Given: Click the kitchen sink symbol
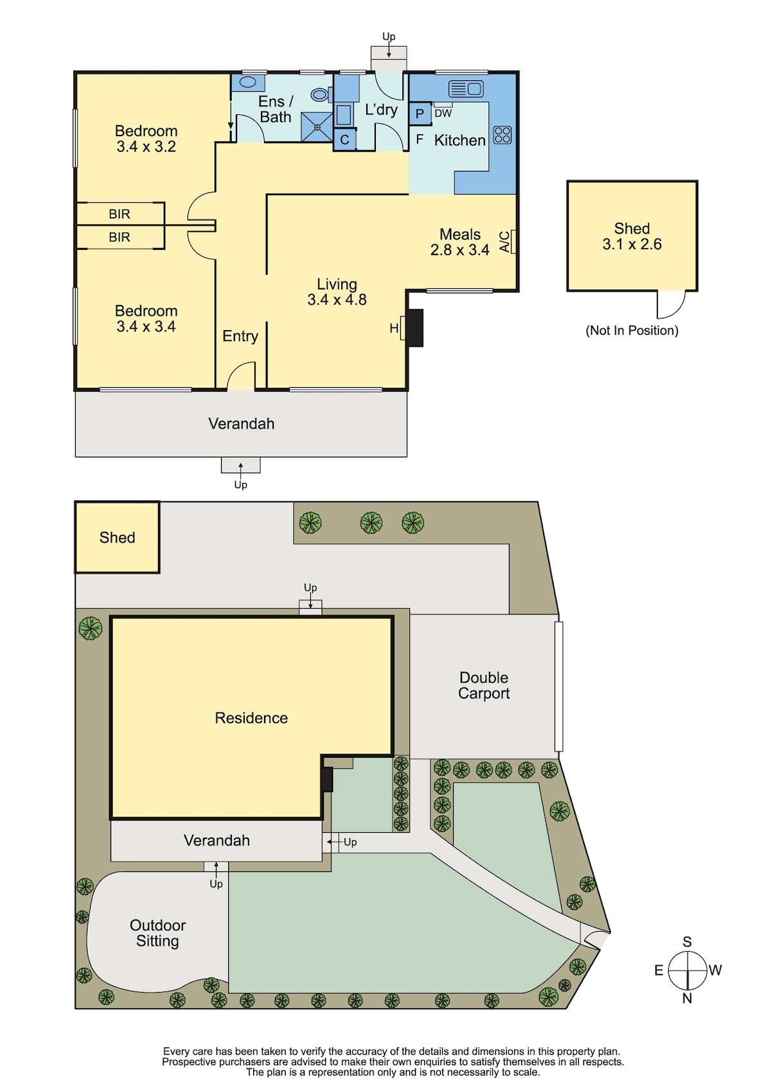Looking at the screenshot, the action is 465,89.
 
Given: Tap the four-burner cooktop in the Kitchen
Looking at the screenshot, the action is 502,135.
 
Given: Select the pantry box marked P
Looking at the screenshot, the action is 420,114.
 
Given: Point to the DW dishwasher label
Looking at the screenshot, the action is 443,113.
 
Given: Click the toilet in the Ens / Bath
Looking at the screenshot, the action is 320,94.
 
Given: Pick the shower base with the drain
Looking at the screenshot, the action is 317,127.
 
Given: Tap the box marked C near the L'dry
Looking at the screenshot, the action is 344,140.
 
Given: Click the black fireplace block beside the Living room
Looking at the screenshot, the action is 415,327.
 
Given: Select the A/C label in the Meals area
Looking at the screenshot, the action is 505,241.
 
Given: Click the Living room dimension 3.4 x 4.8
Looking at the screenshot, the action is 337,299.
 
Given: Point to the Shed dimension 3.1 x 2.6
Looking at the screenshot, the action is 632,244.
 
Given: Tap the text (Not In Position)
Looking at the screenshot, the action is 632,330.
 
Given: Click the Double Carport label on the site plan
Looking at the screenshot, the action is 484,685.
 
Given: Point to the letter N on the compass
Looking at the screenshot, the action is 687,998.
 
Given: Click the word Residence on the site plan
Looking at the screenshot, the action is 251,718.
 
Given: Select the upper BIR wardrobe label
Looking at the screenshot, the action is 120,214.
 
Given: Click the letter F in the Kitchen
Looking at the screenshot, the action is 419,140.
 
